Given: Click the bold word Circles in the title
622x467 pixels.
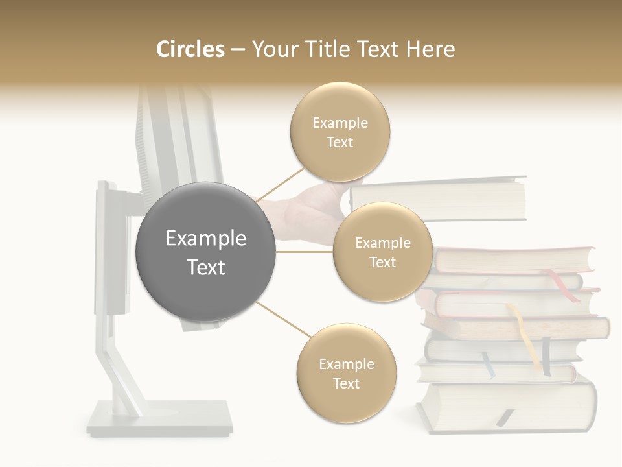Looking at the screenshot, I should point(190,49).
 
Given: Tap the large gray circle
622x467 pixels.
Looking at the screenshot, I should point(206,252).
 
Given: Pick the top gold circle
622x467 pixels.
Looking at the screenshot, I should point(340,132).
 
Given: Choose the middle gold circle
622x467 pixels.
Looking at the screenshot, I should point(382,252).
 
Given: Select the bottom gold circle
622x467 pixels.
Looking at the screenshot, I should point(346,374).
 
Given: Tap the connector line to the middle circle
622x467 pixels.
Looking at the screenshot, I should point(305,252).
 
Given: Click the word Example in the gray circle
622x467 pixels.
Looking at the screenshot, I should point(206,239).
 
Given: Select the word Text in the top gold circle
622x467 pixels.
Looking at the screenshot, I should point(340,142).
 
